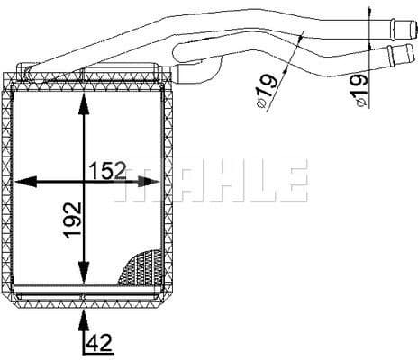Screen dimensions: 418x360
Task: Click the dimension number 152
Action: coord(108,171)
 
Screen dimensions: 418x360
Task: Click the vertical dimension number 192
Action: coord(73,220)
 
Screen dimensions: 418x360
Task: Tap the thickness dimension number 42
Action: coord(99,343)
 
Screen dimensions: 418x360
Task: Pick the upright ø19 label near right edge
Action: coord(359,90)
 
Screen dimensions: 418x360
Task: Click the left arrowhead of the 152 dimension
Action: coord(25,182)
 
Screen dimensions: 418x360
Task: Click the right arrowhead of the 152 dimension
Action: coord(149,182)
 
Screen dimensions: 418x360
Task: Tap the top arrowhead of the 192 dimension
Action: coord(84,104)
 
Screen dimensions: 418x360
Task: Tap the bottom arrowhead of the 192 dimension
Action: coord(84,273)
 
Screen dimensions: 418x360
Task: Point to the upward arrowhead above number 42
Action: coord(84,320)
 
